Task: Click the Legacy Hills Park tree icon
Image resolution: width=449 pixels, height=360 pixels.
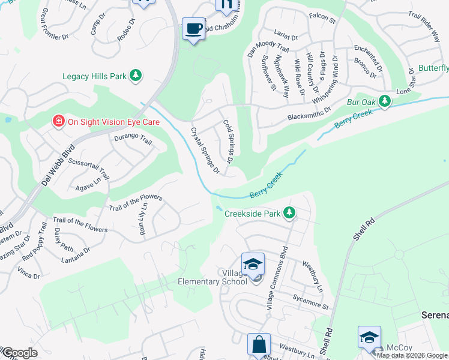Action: [x=137, y=76]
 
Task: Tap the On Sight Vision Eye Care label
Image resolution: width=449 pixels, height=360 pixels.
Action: [x=113, y=121]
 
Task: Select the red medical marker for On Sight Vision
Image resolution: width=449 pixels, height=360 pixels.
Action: [x=59, y=121]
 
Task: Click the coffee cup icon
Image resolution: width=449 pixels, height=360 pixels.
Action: [x=193, y=29]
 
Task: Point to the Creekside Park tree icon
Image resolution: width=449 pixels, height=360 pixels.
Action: [x=289, y=213]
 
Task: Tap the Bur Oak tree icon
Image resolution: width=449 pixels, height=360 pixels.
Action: [x=385, y=103]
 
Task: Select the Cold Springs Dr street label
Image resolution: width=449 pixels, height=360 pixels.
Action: [x=228, y=141]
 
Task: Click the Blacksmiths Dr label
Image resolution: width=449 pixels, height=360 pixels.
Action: [x=309, y=113]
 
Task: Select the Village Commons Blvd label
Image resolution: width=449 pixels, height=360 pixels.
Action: [x=277, y=278]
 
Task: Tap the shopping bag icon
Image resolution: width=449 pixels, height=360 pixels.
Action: [x=259, y=345]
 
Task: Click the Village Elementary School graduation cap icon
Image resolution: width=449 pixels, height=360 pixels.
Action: [x=253, y=265]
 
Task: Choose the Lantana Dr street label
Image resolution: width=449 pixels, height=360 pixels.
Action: [x=75, y=260]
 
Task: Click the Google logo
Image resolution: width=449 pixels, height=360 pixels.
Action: [x=20, y=353]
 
